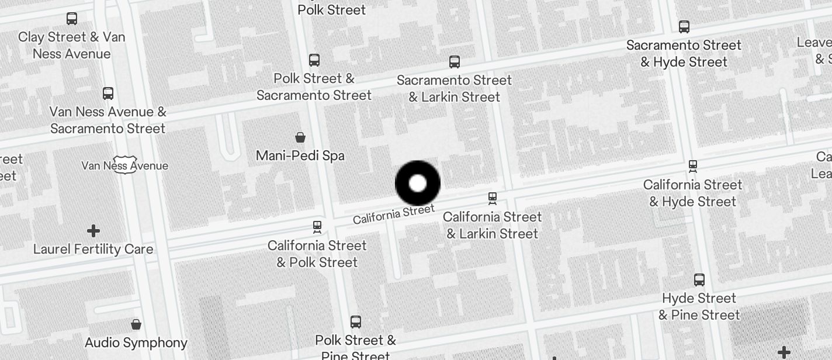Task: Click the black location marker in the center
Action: pos(418,183)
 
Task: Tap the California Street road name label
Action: pos(394,214)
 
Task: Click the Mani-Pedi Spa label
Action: pos(300,155)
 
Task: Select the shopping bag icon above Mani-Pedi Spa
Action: pos(300,137)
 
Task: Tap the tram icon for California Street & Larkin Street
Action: pos(493,198)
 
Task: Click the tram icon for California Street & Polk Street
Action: pos(317,226)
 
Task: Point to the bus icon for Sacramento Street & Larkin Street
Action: pos(455,61)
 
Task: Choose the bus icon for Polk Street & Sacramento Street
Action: pos(314,60)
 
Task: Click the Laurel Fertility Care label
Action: pos(93,249)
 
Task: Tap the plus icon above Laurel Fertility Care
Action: pos(93,231)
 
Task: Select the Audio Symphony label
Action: pos(136,342)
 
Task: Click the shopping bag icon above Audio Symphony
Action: pos(136,324)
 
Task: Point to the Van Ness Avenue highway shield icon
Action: pos(125,165)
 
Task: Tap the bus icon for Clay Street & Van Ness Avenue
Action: pos(72,18)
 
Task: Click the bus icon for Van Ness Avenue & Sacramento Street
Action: pos(108,93)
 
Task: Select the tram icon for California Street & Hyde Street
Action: pos(693,166)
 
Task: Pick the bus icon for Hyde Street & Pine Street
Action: pos(699,279)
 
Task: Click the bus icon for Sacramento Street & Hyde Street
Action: pos(684,26)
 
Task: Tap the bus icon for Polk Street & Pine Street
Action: pos(356,321)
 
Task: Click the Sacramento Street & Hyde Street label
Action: pos(684,53)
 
